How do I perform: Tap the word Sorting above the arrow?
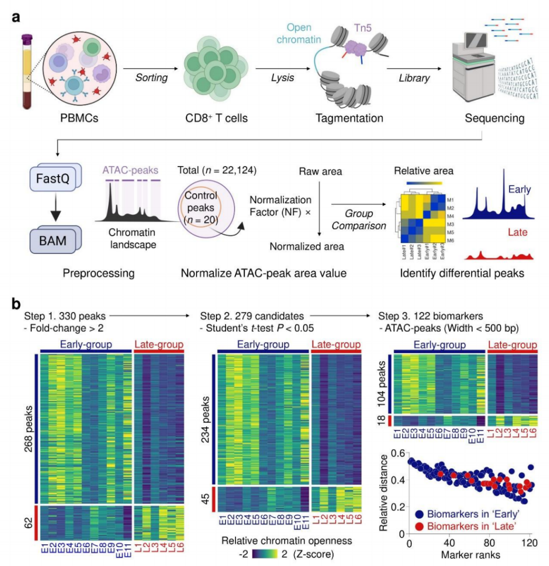(x=151, y=78)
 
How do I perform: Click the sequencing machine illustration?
(x=478, y=67)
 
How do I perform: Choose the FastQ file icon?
(x=56, y=180)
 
